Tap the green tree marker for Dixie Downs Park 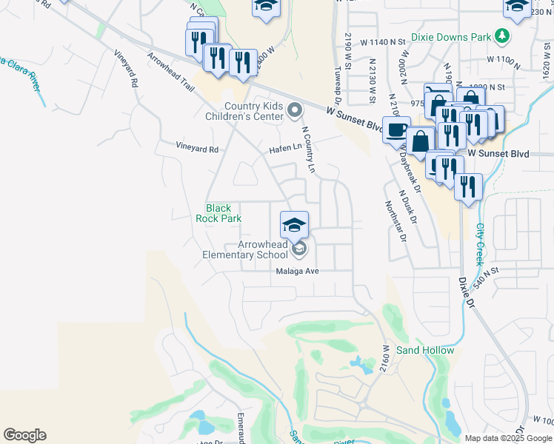click(503, 35)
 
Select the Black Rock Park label click(219, 214)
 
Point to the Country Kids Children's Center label click(245, 111)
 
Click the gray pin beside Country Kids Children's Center click(295, 111)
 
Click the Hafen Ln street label click(286, 148)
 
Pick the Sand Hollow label click(425, 350)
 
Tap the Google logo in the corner click(24, 435)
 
